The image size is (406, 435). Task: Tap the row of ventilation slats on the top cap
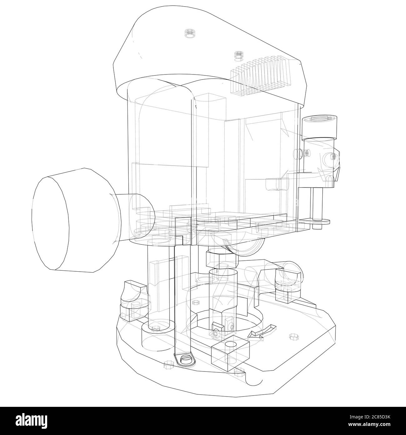tap(259, 73)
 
